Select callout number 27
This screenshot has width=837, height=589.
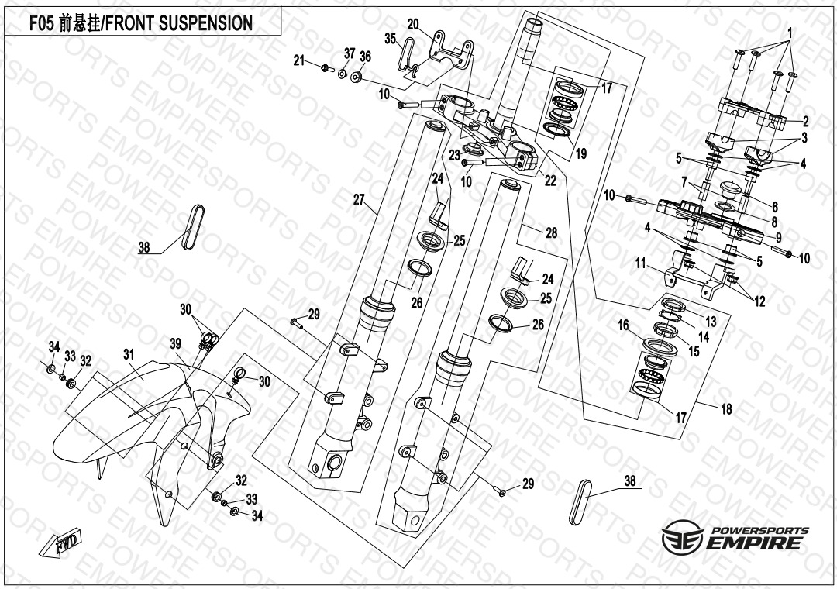(x=359, y=200)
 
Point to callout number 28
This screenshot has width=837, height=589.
(x=551, y=232)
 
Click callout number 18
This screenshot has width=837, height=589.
(x=726, y=409)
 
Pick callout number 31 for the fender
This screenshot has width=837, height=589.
(x=129, y=354)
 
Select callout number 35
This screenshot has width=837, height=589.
(x=390, y=38)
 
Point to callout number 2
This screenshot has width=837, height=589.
(x=805, y=121)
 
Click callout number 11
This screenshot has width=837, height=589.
(x=641, y=263)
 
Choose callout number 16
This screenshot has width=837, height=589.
(x=623, y=326)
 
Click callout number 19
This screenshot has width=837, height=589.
(x=580, y=154)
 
